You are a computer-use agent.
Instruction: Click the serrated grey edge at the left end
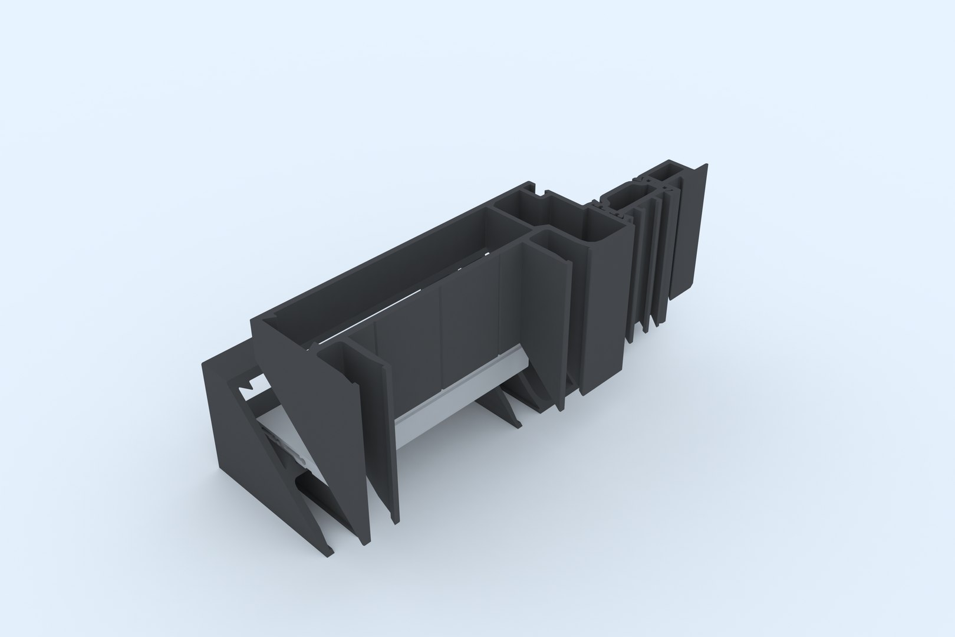coord(283,454)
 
